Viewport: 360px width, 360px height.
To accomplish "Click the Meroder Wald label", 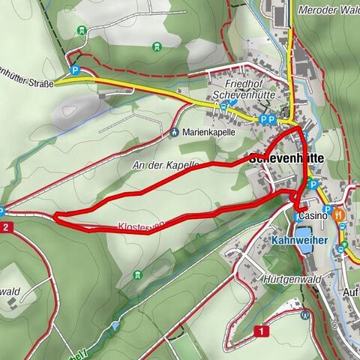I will coord(328,10).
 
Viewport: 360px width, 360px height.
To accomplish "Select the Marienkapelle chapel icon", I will coord(174,133).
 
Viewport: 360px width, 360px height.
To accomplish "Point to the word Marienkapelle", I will coord(208,132).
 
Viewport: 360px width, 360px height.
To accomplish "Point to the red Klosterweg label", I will coord(141,225).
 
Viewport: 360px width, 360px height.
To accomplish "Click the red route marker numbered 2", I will coord(6,226).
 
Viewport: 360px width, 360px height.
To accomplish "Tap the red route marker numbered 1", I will coord(260,331).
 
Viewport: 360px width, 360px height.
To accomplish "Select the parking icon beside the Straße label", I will coord(75,70).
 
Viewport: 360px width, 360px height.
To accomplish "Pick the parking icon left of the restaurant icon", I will coord(328,209).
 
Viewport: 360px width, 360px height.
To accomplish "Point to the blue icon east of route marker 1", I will coord(304,315).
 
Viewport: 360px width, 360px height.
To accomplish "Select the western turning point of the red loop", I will coord(55,217).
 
